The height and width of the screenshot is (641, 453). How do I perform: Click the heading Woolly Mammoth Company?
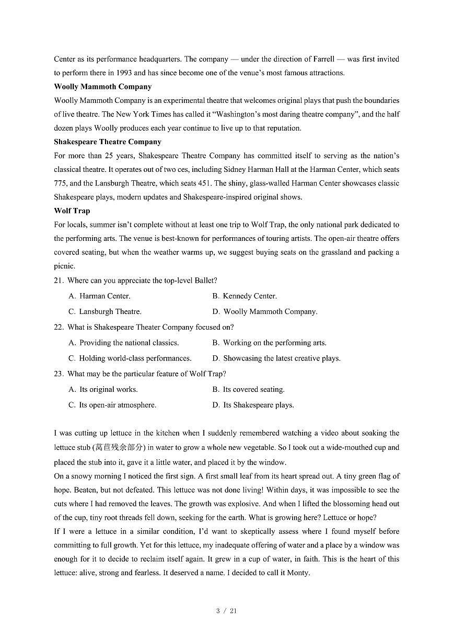(102, 87)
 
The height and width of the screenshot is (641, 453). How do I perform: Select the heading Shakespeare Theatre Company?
(107, 142)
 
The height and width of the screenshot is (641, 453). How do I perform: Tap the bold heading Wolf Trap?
(72, 211)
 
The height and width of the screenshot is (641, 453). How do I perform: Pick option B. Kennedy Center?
(244, 296)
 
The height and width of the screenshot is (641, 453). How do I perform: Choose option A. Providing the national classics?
(123, 343)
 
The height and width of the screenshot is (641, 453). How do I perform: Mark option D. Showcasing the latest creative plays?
(276, 358)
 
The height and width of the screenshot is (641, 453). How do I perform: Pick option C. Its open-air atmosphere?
(112, 405)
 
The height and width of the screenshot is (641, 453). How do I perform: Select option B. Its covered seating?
(248, 389)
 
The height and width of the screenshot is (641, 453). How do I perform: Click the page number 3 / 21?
(226, 611)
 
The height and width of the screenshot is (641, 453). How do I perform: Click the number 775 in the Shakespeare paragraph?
(60, 183)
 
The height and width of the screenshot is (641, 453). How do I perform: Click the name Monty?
(298, 573)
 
